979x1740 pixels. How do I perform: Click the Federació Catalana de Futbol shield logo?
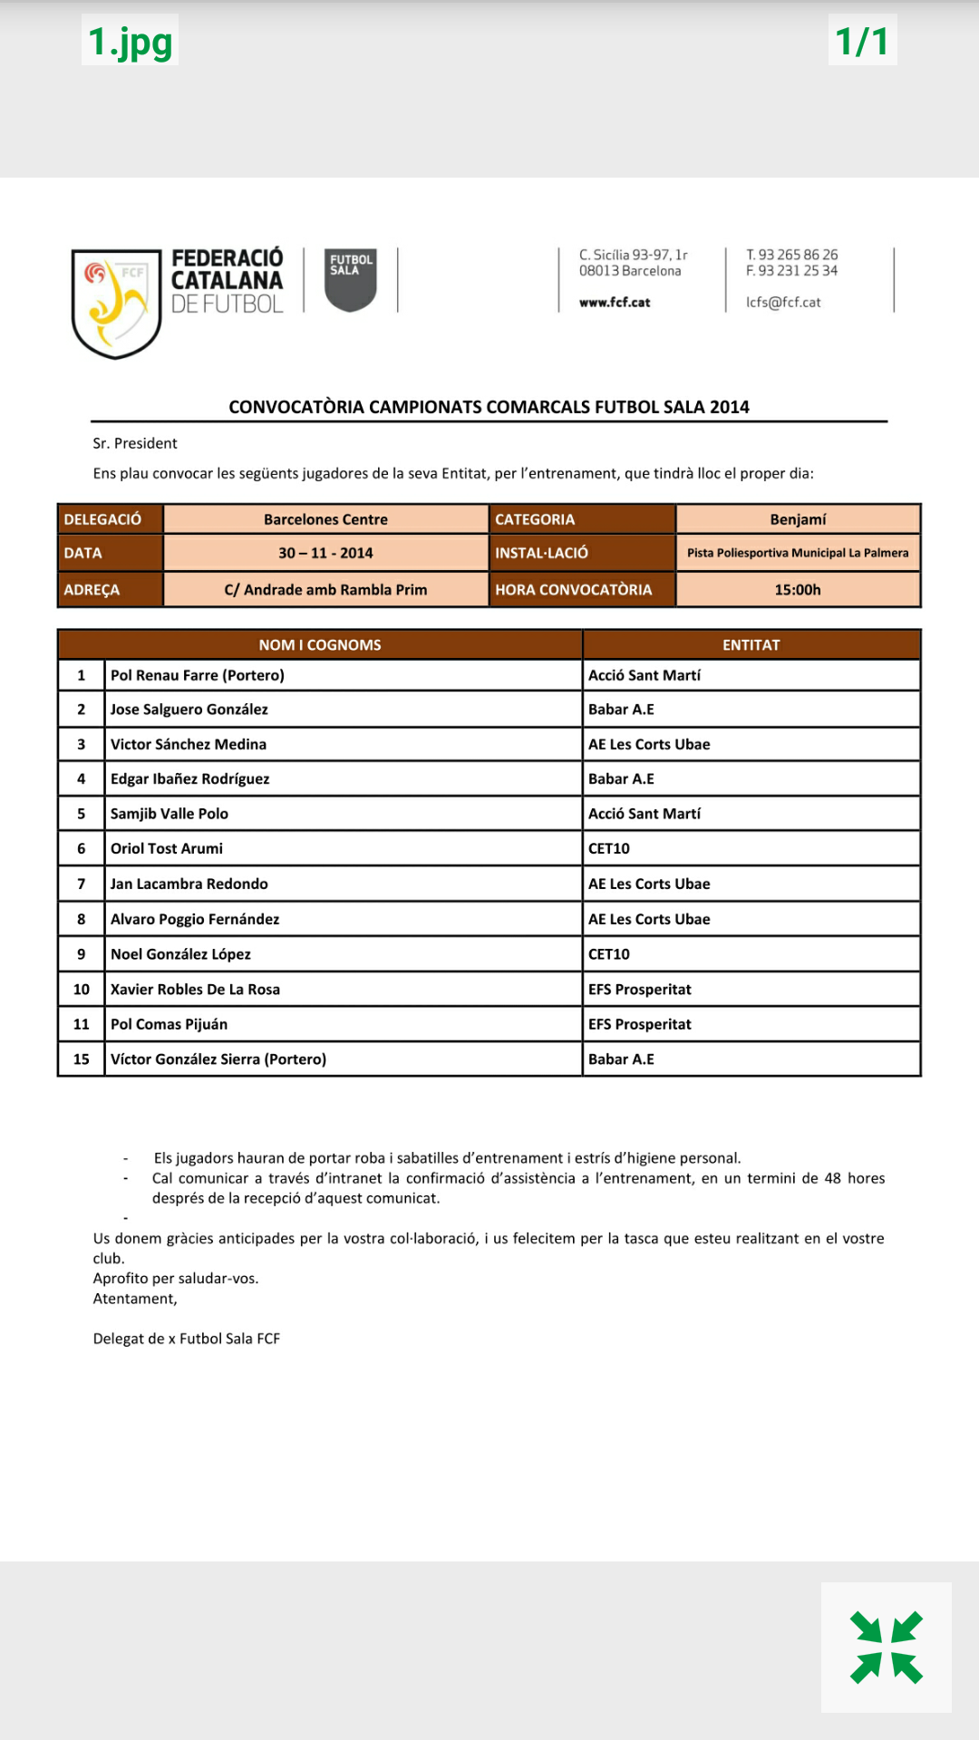point(116,303)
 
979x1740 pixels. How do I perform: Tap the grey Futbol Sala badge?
point(351,280)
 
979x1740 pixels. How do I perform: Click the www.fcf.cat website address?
point(615,303)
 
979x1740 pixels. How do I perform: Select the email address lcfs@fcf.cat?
point(783,303)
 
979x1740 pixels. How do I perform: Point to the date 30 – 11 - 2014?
point(325,553)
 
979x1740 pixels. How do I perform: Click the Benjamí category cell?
point(798,519)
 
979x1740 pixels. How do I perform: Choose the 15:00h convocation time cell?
point(798,590)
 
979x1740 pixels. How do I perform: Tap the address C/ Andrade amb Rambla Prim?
point(325,590)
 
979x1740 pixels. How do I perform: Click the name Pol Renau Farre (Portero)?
point(198,675)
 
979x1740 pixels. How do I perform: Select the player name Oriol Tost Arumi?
point(167,848)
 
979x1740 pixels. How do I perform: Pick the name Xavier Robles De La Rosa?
point(195,990)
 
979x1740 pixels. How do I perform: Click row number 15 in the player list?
point(82,1059)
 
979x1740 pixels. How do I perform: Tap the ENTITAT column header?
point(751,645)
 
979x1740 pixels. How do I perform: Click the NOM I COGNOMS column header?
point(320,645)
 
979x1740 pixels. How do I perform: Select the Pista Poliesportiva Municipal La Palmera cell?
point(798,553)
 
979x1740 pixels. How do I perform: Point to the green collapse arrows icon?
point(887,1648)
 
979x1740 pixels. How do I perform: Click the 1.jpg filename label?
point(130,41)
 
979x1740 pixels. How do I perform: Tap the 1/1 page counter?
point(862,41)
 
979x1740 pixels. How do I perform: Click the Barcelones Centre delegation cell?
point(325,519)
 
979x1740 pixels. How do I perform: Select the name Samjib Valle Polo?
point(170,814)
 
